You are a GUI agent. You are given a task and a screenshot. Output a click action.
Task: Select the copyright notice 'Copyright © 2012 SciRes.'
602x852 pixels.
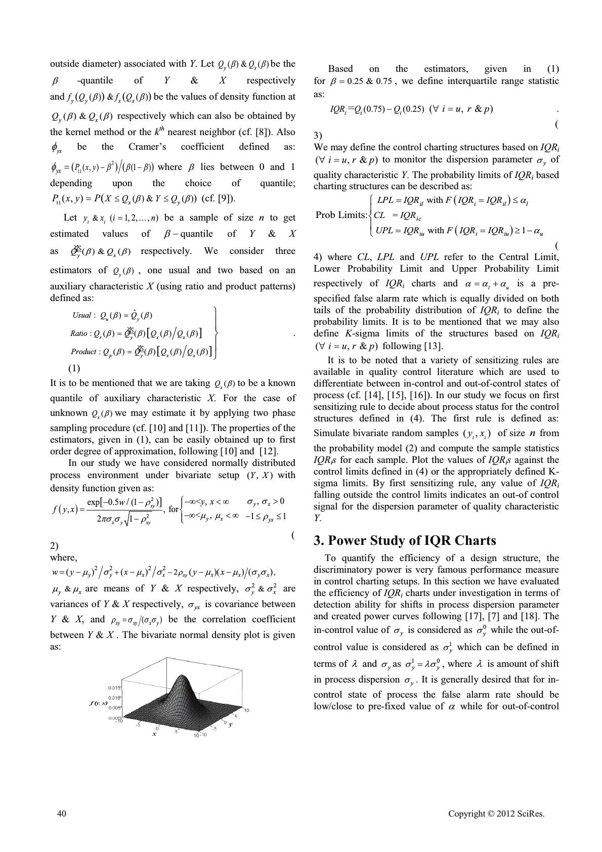[496, 814]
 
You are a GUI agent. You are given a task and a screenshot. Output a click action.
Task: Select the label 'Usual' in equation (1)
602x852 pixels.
[81, 315]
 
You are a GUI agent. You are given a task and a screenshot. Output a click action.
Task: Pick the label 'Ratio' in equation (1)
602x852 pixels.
[79, 333]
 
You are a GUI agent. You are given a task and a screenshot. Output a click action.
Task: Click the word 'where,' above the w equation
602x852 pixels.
[64, 558]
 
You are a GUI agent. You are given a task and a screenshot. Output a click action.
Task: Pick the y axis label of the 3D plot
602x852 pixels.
[230, 725]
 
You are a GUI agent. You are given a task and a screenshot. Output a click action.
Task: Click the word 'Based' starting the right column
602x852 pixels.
[340, 69]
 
